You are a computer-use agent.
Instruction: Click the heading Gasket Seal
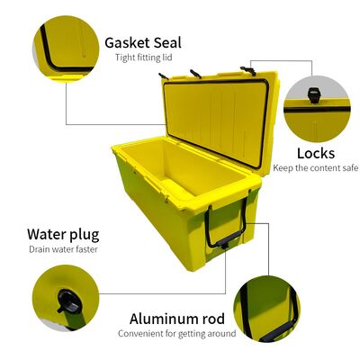(143, 42)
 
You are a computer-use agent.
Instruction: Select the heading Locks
(315, 153)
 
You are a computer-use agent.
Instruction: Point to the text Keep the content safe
(315, 168)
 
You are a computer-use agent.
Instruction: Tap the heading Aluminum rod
(176, 319)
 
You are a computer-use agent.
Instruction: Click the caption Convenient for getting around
(176, 334)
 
